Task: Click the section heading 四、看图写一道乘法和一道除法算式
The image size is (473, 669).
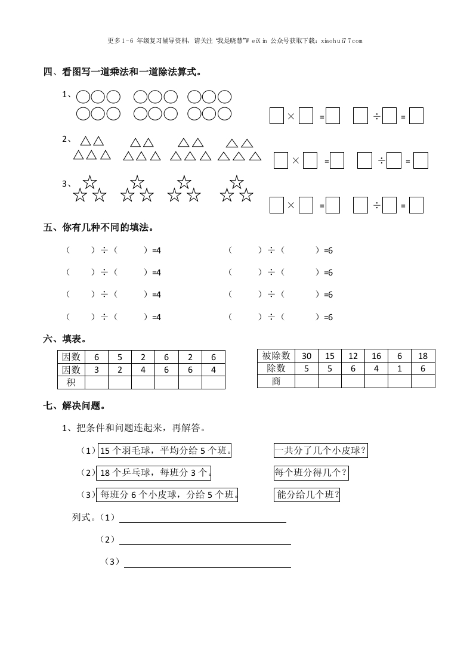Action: [x=122, y=72]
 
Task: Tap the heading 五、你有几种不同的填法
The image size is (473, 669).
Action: [x=99, y=227]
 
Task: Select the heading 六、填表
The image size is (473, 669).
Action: [x=66, y=339]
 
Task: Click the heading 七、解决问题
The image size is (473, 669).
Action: [x=75, y=405]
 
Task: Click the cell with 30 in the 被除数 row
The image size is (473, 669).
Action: [x=307, y=356]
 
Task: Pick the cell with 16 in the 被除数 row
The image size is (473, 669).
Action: [x=376, y=356]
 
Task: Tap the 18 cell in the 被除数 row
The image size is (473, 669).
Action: [x=423, y=356]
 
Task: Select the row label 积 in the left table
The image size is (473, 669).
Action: [x=71, y=382]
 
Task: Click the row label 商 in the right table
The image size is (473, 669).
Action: [x=276, y=381]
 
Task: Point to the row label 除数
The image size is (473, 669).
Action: [x=276, y=368]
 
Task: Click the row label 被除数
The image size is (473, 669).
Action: [x=276, y=356]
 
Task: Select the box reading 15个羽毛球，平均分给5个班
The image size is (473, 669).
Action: [x=165, y=451]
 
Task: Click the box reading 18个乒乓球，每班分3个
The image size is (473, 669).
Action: [x=154, y=473]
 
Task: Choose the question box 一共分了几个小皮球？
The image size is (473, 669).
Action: [x=320, y=451]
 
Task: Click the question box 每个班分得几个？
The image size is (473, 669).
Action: [x=311, y=473]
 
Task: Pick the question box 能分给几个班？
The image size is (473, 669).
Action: [x=307, y=494]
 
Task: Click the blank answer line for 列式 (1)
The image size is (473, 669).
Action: [x=203, y=518]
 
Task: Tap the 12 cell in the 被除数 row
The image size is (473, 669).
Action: [x=353, y=356]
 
